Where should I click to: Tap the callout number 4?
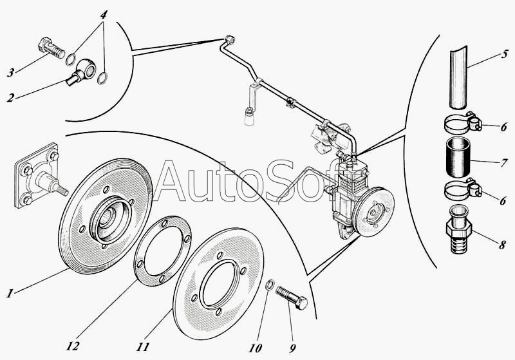[104, 14]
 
